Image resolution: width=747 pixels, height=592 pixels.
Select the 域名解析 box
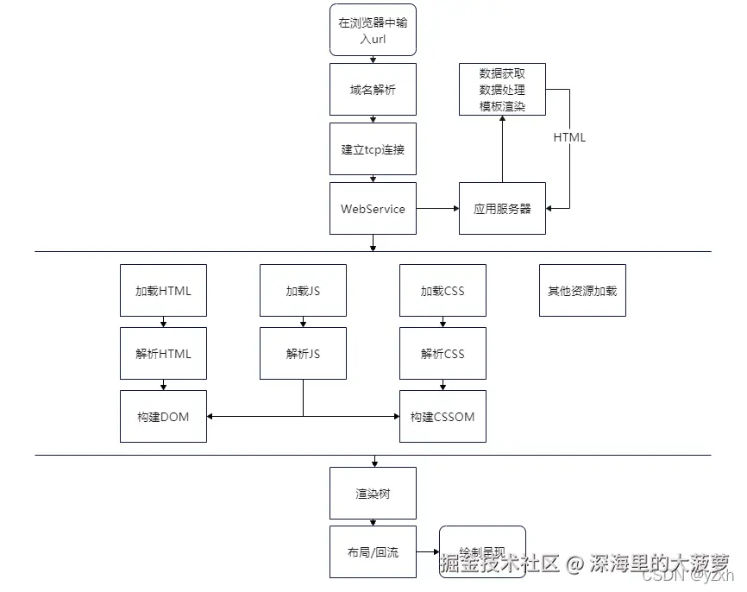373,89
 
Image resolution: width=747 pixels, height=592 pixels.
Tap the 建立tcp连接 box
373,148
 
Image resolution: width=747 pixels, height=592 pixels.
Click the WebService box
373,208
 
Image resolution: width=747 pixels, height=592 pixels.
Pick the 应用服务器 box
502,208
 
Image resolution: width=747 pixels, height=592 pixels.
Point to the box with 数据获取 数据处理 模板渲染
502,89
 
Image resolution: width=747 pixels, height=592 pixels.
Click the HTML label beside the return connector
569,137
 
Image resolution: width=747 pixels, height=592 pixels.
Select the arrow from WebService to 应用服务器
437,208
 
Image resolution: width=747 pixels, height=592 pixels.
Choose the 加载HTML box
163,290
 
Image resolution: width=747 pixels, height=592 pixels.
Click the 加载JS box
303,290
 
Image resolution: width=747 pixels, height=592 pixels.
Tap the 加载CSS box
443,290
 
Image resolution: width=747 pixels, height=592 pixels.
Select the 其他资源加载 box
582,290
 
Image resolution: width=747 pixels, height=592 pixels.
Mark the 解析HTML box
163,353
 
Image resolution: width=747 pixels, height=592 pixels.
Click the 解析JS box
303,353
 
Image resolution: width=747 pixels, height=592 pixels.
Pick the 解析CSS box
443,353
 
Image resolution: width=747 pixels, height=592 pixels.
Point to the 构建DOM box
163,416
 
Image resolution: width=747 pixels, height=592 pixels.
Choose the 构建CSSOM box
443,416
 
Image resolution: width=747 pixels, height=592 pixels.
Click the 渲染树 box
373,493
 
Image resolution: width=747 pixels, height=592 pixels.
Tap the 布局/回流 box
373,551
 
